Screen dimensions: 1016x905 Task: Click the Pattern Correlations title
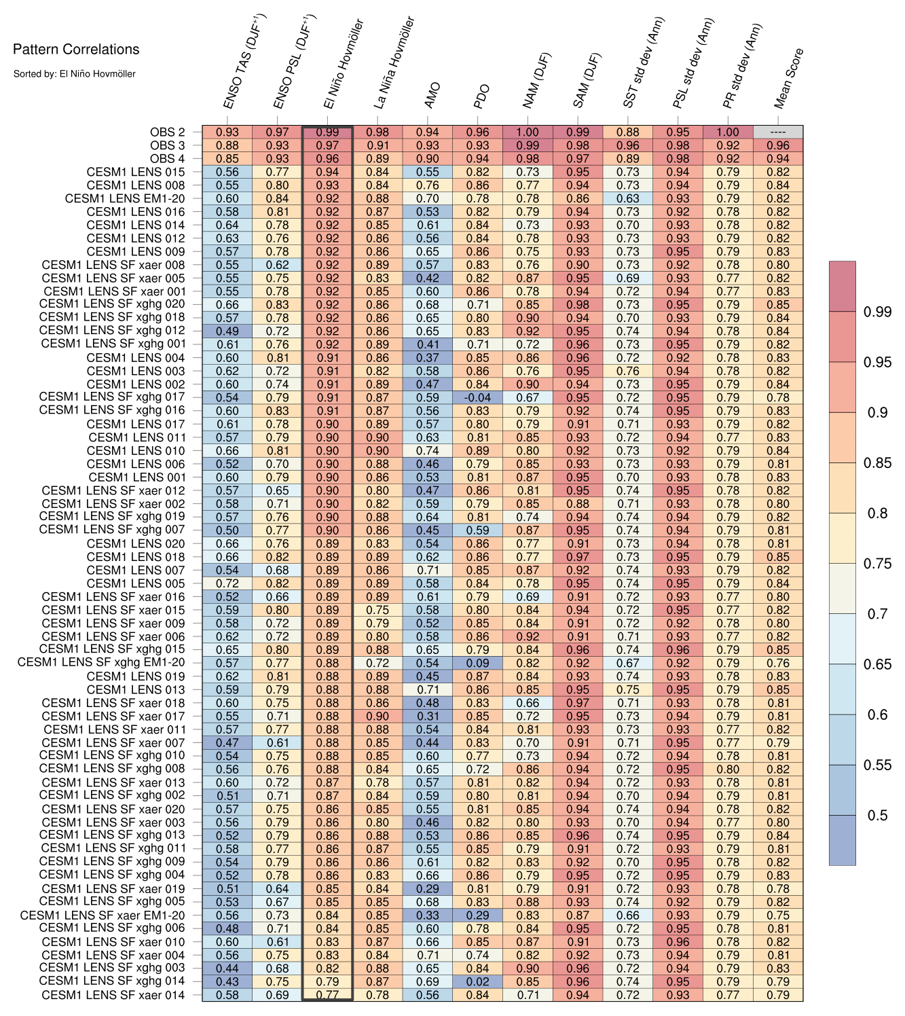click(76, 50)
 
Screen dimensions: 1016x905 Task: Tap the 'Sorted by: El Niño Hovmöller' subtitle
click(74, 74)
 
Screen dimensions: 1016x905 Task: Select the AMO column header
click(432, 95)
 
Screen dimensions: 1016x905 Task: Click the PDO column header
click(481, 96)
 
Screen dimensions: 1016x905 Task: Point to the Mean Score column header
click(788, 78)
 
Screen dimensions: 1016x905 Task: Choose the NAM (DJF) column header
click(537, 80)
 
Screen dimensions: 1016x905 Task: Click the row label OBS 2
click(167, 132)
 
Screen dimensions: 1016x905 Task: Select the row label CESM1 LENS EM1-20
click(124, 199)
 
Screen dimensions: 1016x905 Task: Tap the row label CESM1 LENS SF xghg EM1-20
click(100, 663)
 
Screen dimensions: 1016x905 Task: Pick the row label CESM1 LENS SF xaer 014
click(113, 995)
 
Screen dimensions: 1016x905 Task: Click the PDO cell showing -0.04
click(477, 397)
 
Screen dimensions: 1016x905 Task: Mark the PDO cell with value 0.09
click(477, 663)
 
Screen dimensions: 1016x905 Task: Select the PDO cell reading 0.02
click(477, 981)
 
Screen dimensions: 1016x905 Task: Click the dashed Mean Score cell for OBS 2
click(778, 132)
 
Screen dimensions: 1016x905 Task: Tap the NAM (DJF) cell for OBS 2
click(528, 132)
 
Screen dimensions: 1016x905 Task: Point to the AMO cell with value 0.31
click(428, 716)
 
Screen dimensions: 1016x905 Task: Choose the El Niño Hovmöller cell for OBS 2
click(327, 132)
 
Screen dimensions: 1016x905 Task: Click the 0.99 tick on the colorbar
click(877, 312)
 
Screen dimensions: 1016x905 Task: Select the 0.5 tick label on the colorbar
click(877, 815)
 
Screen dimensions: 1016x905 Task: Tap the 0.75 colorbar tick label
click(877, 564)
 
